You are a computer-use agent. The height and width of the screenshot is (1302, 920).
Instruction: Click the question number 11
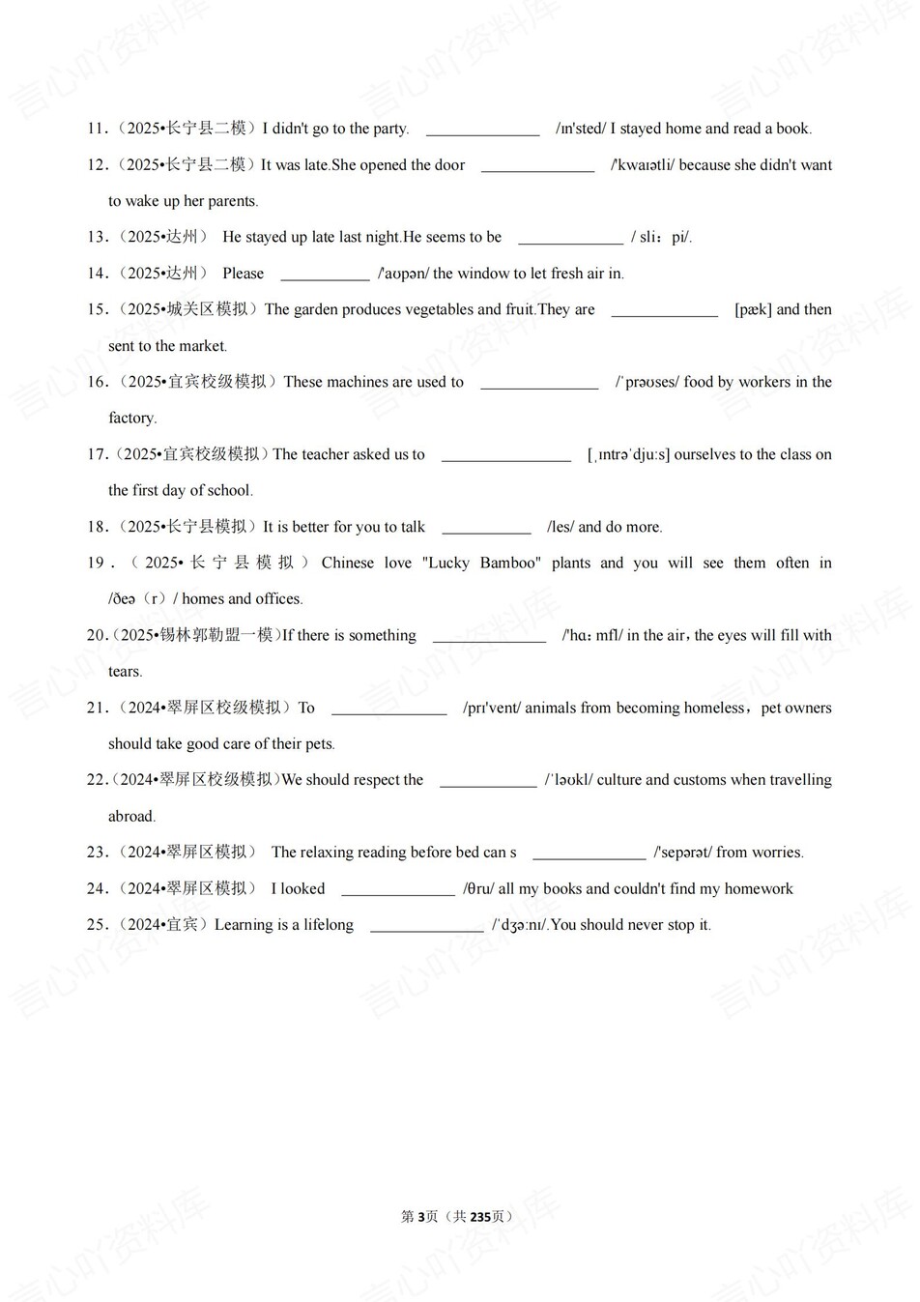(96, 129)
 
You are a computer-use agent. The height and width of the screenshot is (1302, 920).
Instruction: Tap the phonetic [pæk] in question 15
(753, 310)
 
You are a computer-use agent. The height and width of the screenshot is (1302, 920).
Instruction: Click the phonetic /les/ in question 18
(561, 527)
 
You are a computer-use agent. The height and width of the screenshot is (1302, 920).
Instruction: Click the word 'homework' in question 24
(759, 888)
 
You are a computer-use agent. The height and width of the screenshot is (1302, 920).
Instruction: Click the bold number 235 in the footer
(480, 1216)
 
